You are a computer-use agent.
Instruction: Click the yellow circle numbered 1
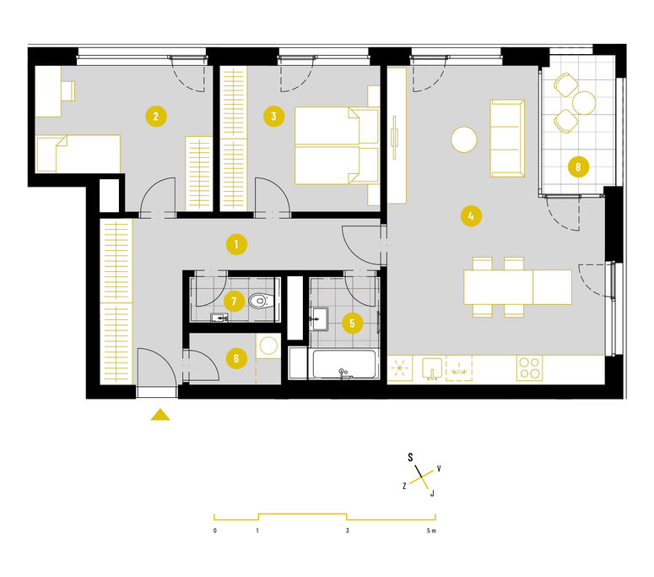coord(236,244)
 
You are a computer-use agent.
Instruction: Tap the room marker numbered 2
coord(156,116)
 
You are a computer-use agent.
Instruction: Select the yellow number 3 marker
coord(274,116)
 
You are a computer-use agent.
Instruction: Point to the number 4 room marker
coord(471,216)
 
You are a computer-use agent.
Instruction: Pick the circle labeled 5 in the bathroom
coord(352,324)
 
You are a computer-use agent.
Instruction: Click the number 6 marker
coord(236,358)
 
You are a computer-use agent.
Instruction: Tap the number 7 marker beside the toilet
coord(234,301)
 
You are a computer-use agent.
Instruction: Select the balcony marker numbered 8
coord(579,167)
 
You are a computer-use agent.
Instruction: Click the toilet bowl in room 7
coord(260,300)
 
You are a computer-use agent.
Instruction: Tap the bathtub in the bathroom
coord(344,364)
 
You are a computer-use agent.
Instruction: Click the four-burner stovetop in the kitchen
coord(529,367)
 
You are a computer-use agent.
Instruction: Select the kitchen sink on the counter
coord(432,368)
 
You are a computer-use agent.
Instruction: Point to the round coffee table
coord(464,139)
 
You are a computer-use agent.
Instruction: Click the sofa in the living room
coord(507,139)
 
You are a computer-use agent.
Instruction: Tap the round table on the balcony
coord(584,103)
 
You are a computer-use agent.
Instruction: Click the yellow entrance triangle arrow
coord(160,415)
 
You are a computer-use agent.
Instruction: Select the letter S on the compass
coord(410,457)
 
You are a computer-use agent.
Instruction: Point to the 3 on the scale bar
coord(347,531)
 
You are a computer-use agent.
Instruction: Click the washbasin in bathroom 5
coord(319,319)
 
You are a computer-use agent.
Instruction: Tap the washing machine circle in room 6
coord(268,346)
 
